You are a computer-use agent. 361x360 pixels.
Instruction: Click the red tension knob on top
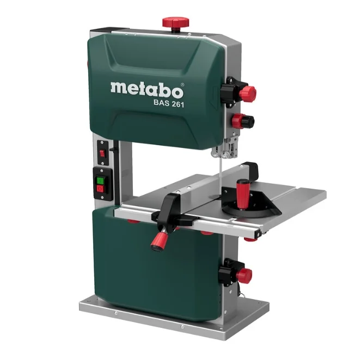[x=176, y=22]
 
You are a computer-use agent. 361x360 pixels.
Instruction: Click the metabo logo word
[x=147, y=90]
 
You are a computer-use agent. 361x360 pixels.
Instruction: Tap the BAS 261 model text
[x=169, y=104]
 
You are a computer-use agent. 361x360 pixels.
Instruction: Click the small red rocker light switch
[x=102, y=153]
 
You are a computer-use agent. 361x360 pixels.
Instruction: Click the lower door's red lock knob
[x=244, y=275]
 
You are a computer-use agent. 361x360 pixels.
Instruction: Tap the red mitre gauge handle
[x=241, y=194]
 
